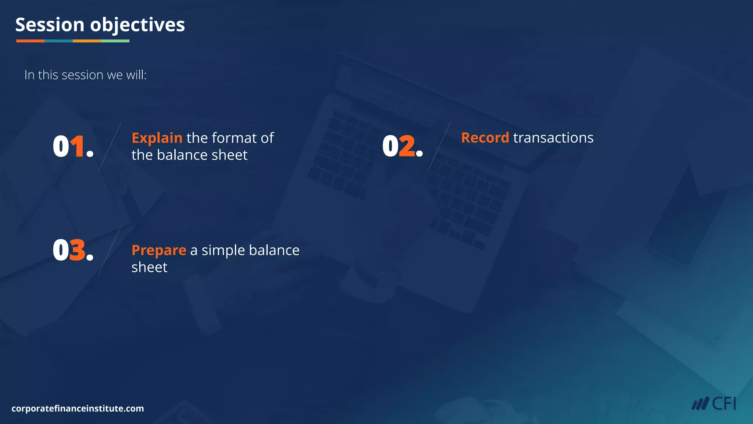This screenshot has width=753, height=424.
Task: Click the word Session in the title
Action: (x=50, y=25)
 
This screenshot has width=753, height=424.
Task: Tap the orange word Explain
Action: (x=157, y=138)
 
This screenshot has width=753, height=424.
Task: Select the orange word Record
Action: (x=485, y=138)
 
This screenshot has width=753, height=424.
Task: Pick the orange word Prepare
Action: (x=159, y=251)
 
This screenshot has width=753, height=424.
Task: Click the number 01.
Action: (x=73, y=147)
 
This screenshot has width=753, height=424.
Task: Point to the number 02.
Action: (x=402, y=147)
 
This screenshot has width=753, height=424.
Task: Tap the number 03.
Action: (x=73, y=251)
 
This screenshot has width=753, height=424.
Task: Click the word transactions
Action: (x=553, y=138)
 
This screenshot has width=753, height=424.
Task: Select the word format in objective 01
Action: (x=234, y=138)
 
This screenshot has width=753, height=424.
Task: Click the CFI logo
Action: (x=714, y=404)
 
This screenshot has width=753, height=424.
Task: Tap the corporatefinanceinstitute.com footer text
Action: (x=78, y=409)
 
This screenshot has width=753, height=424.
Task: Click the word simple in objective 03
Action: (x=223, y=251)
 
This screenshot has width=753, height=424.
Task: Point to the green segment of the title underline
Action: (x=115, y=41)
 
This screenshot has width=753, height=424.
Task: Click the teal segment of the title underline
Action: (x=58, y=41)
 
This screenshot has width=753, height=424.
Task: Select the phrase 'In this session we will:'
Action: (x=85, y=75)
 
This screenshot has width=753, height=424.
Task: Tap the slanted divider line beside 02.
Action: (x=439, y=146)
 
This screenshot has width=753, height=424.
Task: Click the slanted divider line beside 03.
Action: (x=110, y=251)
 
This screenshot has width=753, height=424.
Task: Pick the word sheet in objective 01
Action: (x=230, y=155)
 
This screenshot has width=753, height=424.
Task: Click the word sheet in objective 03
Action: (x=149, y=267)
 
